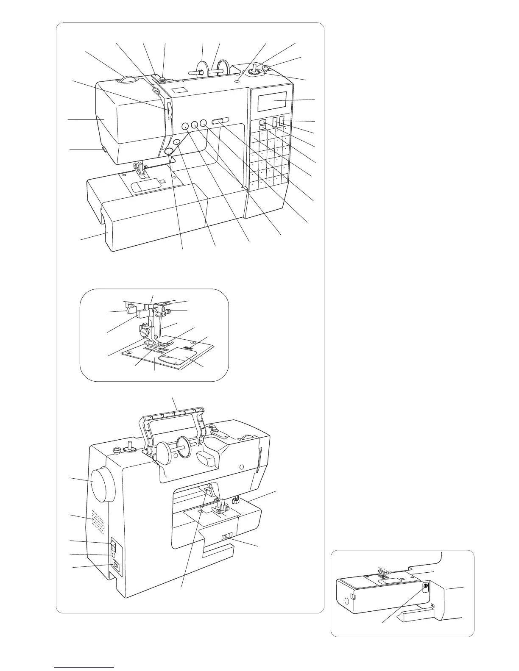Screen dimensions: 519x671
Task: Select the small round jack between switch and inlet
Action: (x=113, y=555)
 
